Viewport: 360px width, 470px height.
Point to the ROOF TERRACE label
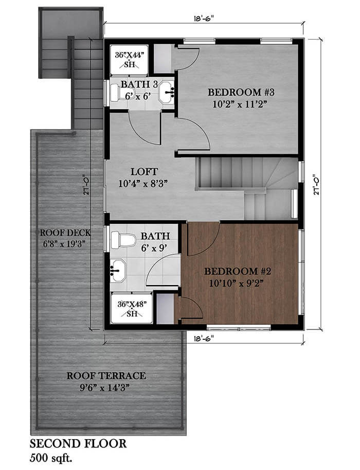coord(106,375)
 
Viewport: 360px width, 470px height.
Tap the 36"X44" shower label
coord(132,54)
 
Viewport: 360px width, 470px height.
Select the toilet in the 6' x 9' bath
coord(122,239)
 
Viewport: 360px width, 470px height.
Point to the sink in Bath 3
coord(167,92)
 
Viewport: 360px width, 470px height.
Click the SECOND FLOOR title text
coord(78,443)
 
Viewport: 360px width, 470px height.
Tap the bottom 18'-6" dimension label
coord(204,338)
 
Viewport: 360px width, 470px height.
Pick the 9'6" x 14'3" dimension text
coord(106,387)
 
